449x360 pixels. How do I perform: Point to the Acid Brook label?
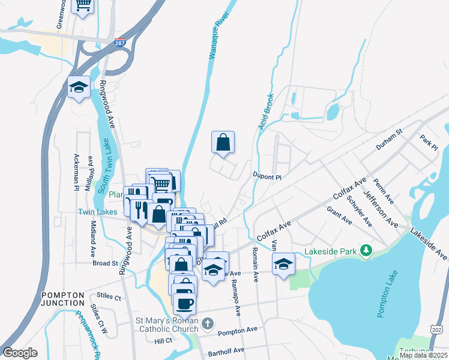[x=266, y=112]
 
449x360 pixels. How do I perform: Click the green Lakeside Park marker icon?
[x=365, y=250]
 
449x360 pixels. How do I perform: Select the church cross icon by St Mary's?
[x=207, y=324]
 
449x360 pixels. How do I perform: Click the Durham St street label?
[x=388, y=143]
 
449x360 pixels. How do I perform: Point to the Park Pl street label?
[x=430, y=142]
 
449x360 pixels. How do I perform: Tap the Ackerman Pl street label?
[x=77, y=172]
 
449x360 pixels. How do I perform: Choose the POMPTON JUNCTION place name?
[x=63, y=299]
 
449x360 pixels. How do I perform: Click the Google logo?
[x=20, y=353]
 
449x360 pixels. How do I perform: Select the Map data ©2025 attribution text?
[x=423, y=355]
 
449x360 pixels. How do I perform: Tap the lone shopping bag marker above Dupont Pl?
[x=223, y=143]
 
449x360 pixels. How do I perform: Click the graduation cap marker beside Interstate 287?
[x=79, y=88]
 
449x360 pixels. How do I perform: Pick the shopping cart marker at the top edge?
[x=83, y=5]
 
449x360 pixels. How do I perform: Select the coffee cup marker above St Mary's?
[x=185, y=302]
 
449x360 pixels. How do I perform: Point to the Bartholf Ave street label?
[x=226, y=350]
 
